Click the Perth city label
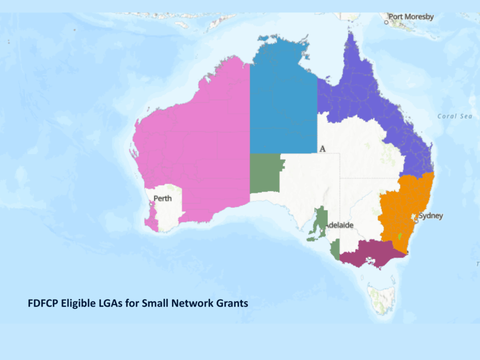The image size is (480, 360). (x=163, y=198)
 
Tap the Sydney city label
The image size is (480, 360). (x=430, y=216)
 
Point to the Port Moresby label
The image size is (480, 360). (x=411, y=17)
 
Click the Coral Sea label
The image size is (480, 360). (x=454, y=116)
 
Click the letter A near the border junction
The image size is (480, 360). (x=322, y=149)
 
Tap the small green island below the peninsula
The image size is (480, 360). (x=312, y=239)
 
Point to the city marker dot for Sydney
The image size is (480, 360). (x=416, y=218)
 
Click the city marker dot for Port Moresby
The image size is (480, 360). (x=386, y=22)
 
